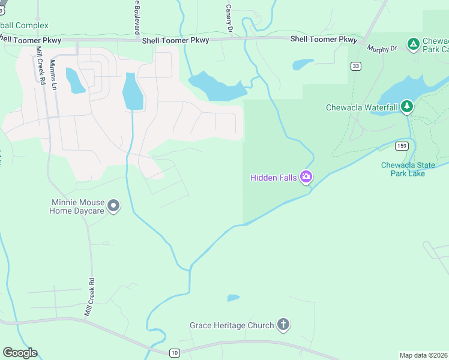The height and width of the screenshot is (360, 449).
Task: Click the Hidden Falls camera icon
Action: point(306,177)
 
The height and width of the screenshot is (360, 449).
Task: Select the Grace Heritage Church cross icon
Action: point(283,325)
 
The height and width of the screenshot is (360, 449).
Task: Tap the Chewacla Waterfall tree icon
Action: point(408,107)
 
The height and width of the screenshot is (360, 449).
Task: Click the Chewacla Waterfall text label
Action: point(361,108)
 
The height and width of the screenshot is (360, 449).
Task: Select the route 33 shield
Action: point(357,66)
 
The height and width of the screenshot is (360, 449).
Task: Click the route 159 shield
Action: point(402,146)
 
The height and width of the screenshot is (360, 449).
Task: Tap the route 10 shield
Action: point(174,353)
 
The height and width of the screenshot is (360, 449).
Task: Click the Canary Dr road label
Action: point(229,18)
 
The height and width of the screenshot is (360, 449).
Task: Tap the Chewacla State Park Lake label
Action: point(411,169)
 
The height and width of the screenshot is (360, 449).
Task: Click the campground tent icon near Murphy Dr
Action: point(413,44)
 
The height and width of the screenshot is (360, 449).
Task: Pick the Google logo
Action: point(20,352)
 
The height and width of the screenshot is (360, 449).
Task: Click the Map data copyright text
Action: point(424,355)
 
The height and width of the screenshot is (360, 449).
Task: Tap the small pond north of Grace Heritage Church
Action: point(234,298)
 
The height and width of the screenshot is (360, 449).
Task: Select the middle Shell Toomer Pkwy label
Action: point(175,40)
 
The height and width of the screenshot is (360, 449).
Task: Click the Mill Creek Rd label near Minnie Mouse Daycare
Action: point(89,297)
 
